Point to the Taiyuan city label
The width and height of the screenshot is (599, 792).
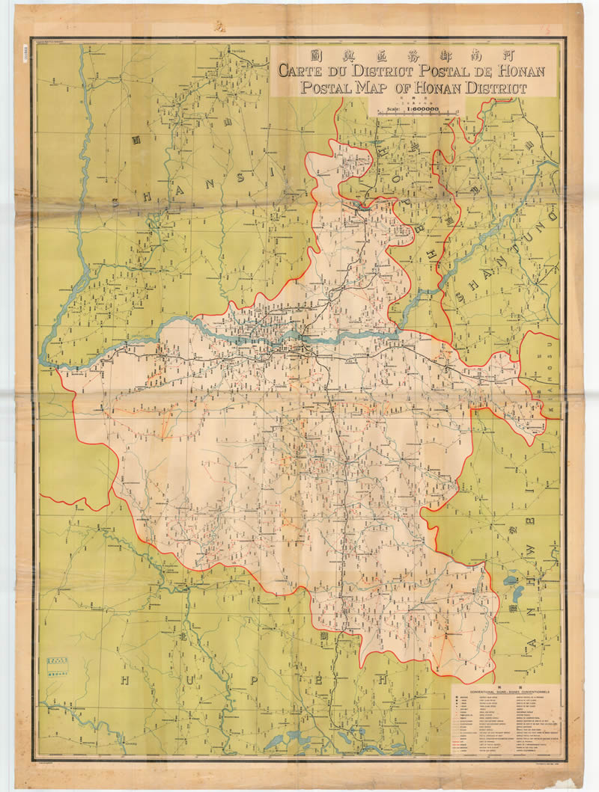[238, 50]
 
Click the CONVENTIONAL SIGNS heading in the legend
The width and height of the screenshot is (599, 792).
[505, 693]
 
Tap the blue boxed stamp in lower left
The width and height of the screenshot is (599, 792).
[57, 666]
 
